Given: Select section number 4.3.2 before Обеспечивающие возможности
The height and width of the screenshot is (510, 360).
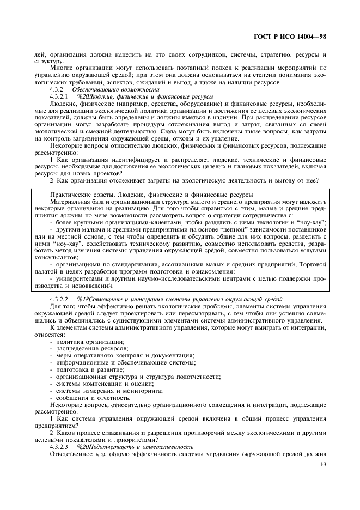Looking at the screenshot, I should (x=57, y=89).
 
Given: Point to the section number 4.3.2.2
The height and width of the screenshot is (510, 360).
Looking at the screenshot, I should (x=60, y=300).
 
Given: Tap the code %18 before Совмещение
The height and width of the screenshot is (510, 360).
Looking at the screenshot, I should (x=83, y=300).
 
